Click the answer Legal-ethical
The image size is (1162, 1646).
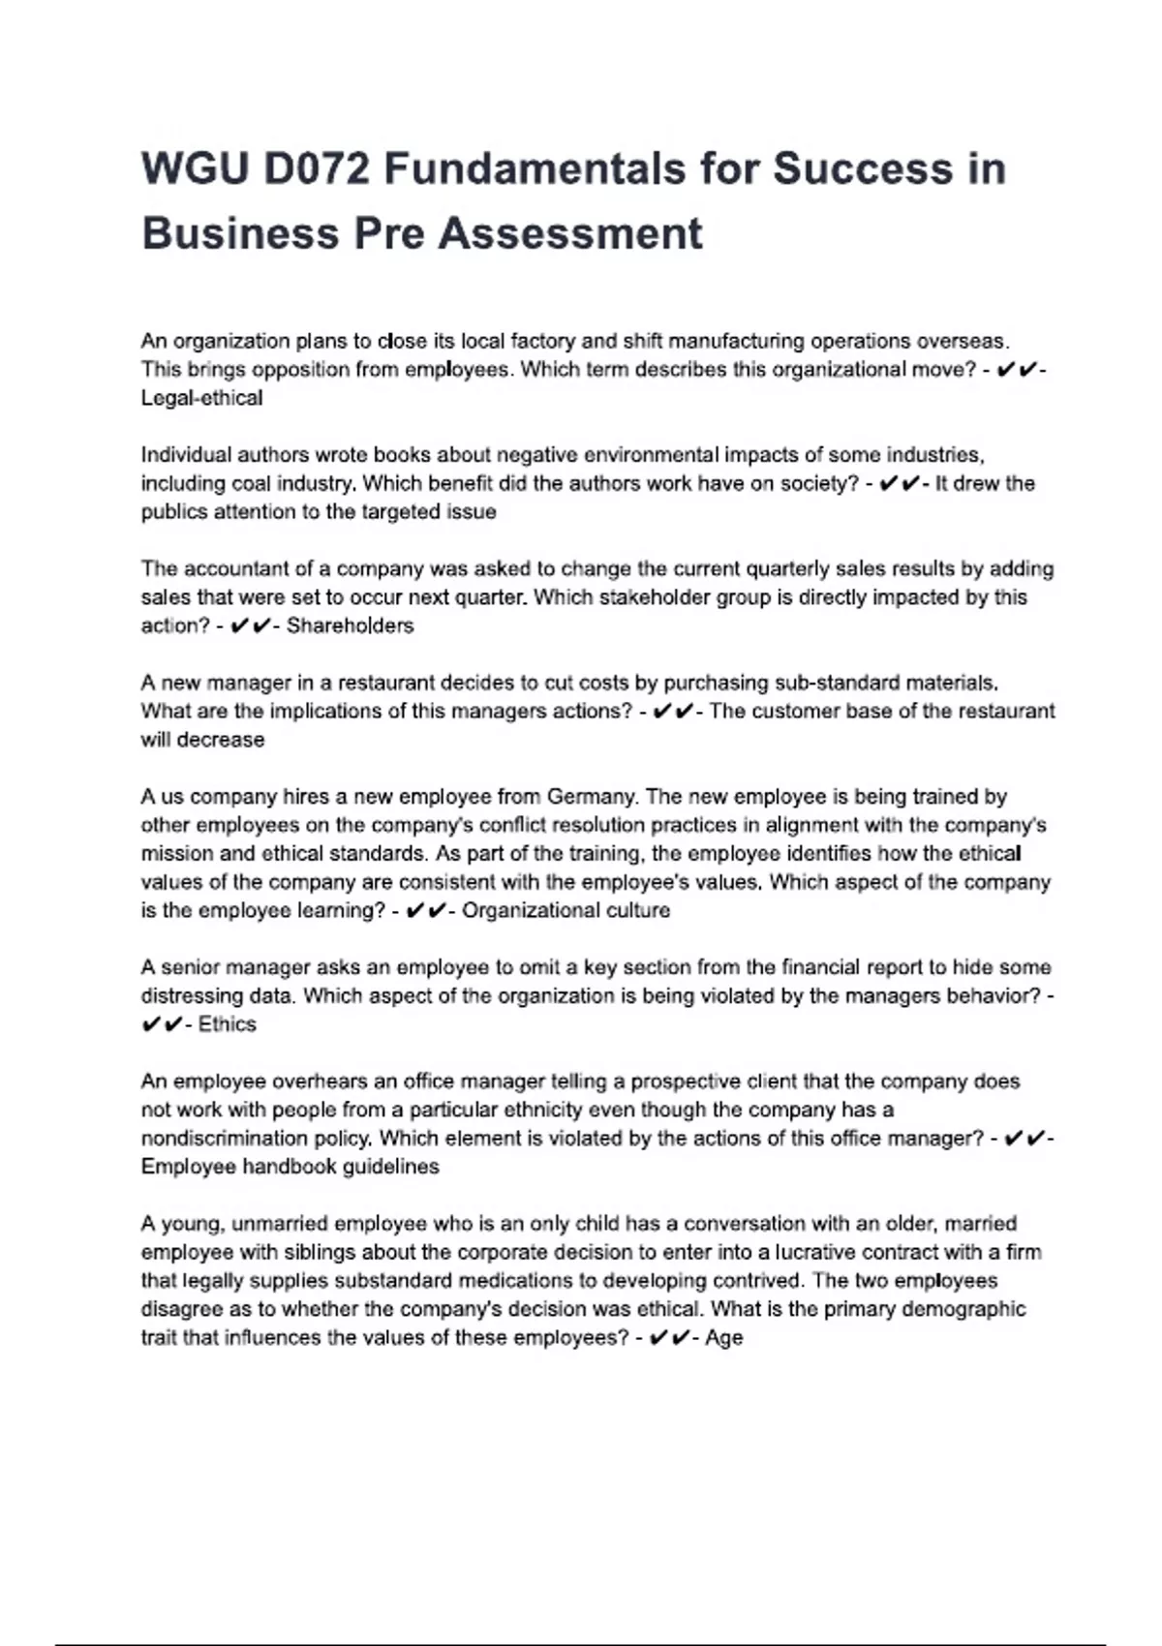tap(201, 398)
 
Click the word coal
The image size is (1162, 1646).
tap(251, 483)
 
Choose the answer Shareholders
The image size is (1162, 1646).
tap(350, 625)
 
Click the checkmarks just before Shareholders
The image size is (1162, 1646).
tap(251, 625)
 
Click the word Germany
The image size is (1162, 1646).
tap(591, 797)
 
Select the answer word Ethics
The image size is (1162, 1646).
tap(227, 1024)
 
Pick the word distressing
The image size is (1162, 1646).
tap(185, 996)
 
